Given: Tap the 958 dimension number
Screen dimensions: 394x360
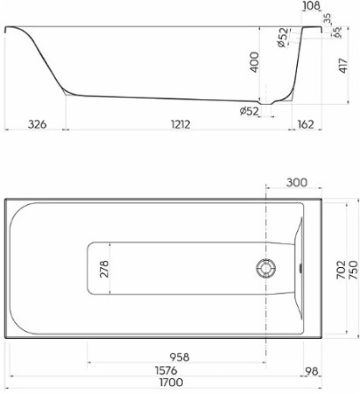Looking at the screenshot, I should tap(180, 356).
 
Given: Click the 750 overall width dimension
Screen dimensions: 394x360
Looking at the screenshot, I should tap(352, 267).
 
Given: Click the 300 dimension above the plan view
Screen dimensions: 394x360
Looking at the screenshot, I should tap(296, 182).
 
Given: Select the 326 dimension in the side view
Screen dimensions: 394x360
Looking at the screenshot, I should tap(36, 125).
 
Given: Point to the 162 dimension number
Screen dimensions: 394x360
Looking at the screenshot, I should tap(306, 125).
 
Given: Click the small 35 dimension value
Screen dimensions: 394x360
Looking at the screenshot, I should tap(327, 18).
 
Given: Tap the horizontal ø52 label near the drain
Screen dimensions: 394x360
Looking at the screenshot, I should tap(251, 110).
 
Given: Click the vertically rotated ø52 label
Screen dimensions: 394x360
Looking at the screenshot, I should tap(281, 39).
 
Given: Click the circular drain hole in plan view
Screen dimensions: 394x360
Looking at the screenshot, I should tap(265, 268).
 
